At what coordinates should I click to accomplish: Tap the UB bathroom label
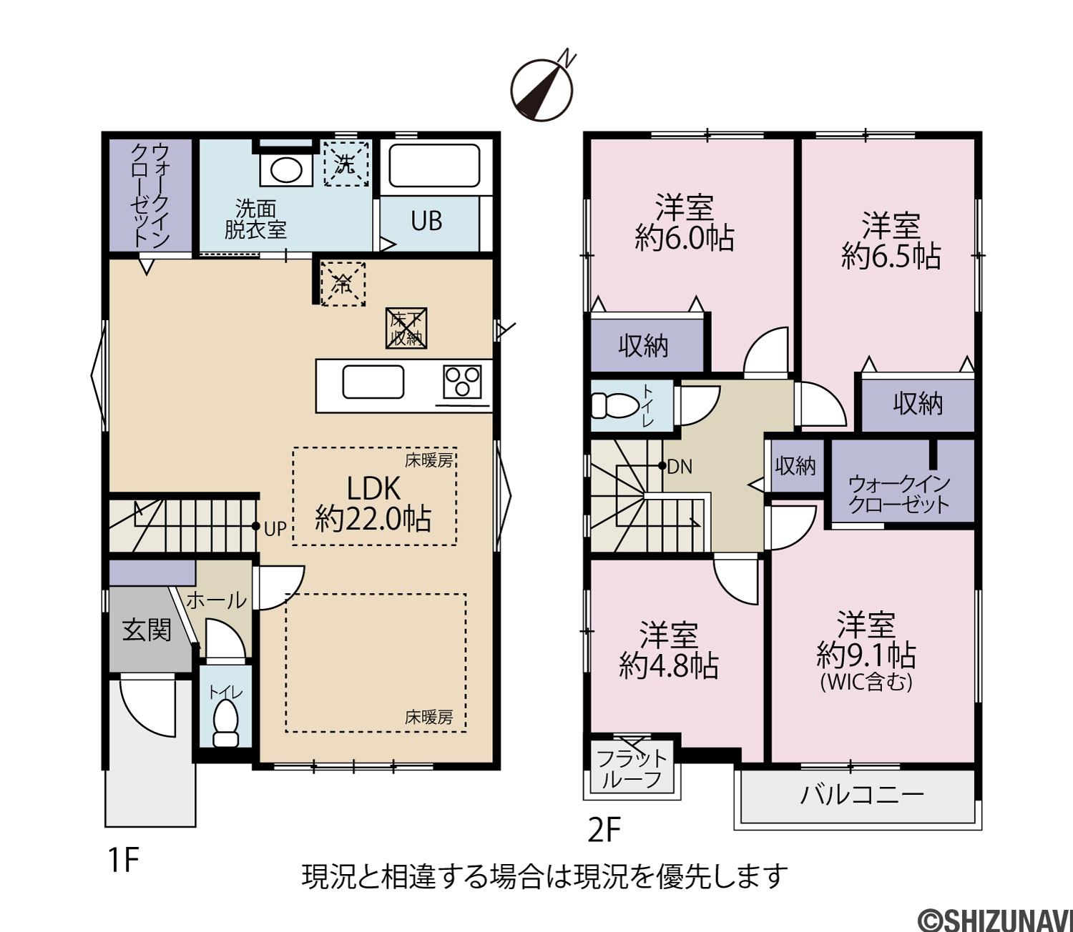click(x=426, y=221)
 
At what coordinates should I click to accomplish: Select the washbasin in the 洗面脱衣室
click(x=286, y=169)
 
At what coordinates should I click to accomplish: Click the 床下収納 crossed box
click(x=406, y=328)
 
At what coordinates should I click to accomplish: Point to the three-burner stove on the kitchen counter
click(x=462, y=382)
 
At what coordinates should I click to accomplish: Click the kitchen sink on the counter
click(x=373, y=382)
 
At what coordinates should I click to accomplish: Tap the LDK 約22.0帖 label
click(x=373, y=503)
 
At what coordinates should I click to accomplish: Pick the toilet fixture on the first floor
click(x=225, y=723)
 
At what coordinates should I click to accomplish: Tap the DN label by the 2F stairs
click(x=680, y=466)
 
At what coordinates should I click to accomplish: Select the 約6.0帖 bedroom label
click(x=685, y=223)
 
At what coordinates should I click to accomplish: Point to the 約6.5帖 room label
click(x=891, y=241)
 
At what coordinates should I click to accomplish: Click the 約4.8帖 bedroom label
click(x=669, y=650)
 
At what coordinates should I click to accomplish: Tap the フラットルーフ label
click(x=632, y=769)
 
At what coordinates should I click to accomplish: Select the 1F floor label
click(x=124, y=861)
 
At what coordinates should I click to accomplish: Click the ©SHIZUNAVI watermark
click(x=994, y=919)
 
